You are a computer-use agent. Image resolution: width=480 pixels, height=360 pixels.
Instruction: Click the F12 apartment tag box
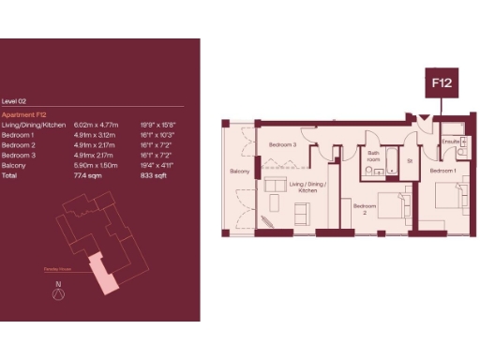point(442,83)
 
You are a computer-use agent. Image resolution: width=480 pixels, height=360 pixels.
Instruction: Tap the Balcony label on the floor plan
point(239,172)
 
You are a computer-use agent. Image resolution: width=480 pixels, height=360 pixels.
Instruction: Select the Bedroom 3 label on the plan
point(282,145)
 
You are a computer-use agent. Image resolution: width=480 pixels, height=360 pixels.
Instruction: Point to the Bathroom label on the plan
point(373,156)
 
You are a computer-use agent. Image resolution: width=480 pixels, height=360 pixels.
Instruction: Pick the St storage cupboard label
point(410,160)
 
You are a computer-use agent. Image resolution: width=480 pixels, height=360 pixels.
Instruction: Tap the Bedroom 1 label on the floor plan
point(443,172)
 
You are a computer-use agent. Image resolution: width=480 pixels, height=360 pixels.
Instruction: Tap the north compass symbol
point(58,292)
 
